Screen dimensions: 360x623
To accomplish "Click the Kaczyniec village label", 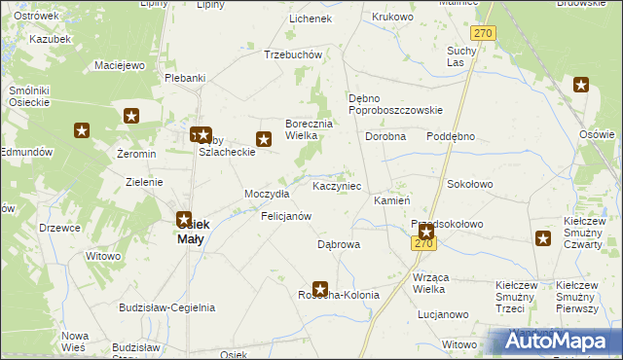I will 337,185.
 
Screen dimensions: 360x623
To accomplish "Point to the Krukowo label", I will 392,18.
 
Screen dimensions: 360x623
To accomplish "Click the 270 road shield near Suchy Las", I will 486,33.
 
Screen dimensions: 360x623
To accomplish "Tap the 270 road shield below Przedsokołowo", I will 423,243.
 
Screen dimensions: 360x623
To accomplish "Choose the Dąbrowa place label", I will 339,245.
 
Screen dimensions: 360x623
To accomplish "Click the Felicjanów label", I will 286,215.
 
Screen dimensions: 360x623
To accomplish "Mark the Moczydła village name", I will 267,194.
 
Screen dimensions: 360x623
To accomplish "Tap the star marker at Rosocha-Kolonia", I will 319,288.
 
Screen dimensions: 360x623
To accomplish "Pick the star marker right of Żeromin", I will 131,117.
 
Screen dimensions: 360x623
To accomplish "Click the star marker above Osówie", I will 581,86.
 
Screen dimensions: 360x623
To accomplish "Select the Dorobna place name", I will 385,137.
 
